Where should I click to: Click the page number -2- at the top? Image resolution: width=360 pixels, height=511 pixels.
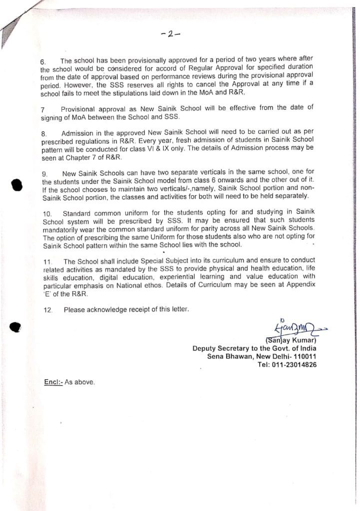pyautogui.click(x=171, y=34)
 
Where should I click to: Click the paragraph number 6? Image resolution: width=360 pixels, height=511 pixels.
pyautogui.click(x=43, y=62)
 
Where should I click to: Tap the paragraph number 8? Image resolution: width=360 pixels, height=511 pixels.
pyautogui.click(x=43, y=134)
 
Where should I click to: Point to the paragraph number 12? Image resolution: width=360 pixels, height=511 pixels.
pyautogui.click(x=48, y=310)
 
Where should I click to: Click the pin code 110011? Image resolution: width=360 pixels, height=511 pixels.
pyautogui.click(x=304, y=356)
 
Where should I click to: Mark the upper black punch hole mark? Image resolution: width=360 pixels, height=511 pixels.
pyautogui.click(x=17, y=185)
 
